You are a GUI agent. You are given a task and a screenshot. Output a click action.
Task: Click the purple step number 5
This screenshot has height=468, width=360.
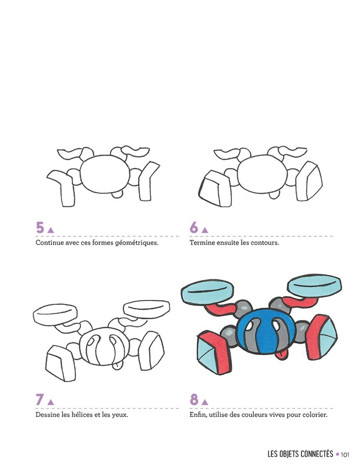point(40,227)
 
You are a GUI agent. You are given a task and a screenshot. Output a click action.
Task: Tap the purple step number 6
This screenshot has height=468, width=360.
point(194,227)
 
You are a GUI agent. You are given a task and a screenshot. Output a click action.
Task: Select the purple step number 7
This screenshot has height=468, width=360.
point(40,399)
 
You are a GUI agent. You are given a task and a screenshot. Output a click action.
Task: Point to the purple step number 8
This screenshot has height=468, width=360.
point(194,399)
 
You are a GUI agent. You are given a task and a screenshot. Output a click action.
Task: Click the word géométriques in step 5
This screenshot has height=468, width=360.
point(136,243)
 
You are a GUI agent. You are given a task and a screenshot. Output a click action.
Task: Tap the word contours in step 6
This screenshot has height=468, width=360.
point(265,243)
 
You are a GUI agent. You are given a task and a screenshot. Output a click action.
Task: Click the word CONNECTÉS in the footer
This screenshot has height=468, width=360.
point(312,454)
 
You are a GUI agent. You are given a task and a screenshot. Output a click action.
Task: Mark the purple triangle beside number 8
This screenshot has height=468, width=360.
point(205,402)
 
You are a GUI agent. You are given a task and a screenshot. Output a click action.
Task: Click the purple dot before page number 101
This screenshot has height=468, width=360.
point(338,454)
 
